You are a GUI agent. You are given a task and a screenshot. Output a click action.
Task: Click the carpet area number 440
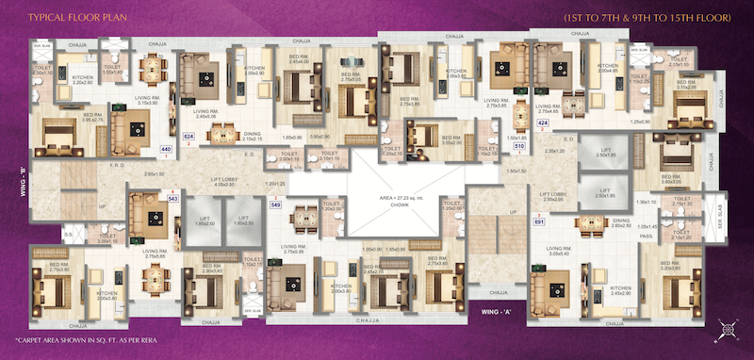coord(166,149)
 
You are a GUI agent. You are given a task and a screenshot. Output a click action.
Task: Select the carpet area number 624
coord(188,137)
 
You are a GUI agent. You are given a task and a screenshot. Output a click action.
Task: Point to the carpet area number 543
coord(172,199)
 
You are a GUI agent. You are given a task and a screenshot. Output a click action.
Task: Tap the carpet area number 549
coord(275,205)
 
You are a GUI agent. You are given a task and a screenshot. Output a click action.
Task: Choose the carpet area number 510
coord(491,146)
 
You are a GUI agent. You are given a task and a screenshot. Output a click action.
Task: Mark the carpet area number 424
coord(542,123)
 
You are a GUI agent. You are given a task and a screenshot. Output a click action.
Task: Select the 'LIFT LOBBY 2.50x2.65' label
coord(553,197)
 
